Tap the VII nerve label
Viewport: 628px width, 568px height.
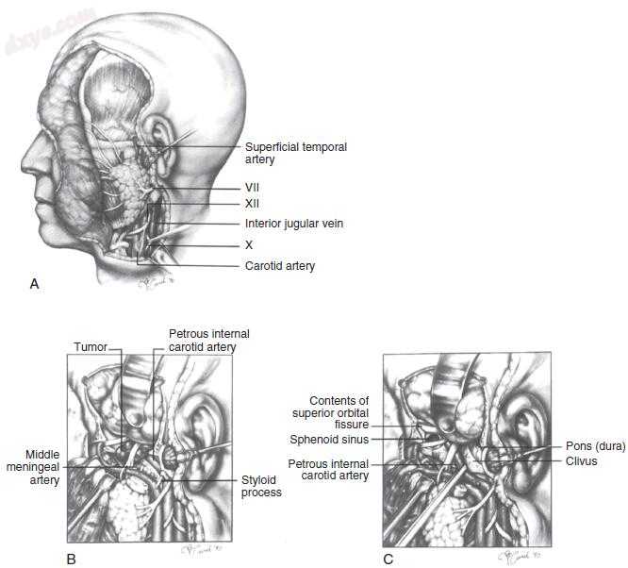[x=252, y=187]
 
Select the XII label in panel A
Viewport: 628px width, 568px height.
[x=252, y=203]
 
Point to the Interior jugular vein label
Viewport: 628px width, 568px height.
[x=293, y=224]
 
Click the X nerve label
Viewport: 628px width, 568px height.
[x=249, y=244]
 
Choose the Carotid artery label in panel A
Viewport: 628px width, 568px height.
[x=280, y=266]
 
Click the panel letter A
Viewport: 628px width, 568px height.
[x=35, y=282]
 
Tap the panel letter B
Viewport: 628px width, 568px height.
[x=71, y=559]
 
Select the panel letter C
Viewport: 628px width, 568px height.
[x=388, y=559]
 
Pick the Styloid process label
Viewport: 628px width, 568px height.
[x=261, y=486]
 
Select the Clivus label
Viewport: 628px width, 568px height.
[x=582, y=461]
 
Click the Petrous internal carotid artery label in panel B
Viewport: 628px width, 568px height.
[x=207, y=341]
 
